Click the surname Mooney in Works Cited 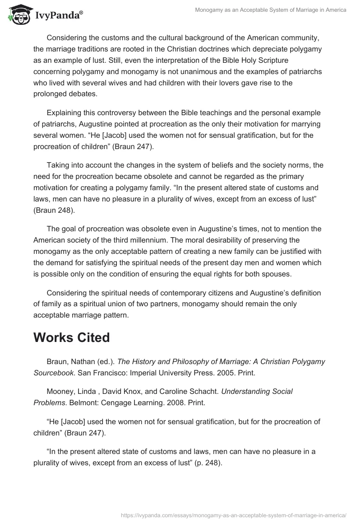pyautogui.click(x=60, y=391)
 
